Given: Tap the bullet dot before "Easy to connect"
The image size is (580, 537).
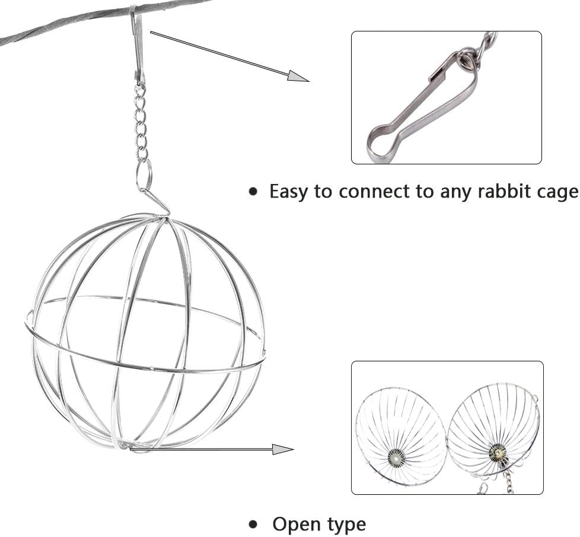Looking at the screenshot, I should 254,192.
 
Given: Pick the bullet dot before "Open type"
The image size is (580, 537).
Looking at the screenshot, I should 254,525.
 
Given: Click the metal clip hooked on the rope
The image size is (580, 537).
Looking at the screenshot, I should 138,45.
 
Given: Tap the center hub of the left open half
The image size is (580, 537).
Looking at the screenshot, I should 396,456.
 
